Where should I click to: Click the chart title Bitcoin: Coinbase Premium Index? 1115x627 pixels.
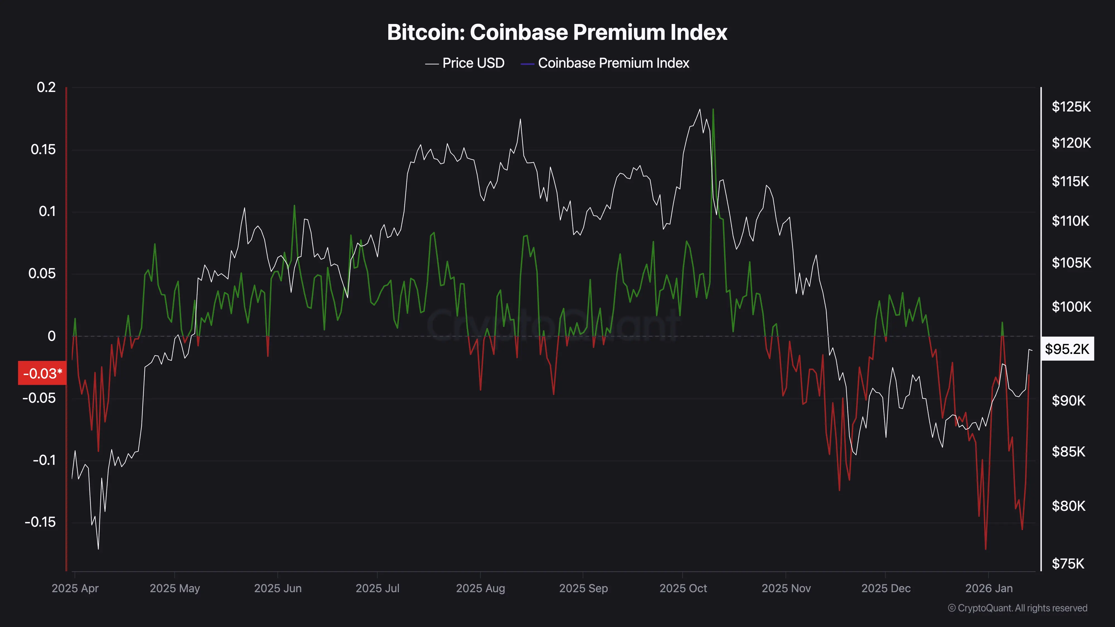click(557, 32)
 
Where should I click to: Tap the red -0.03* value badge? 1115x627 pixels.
click(42, 373)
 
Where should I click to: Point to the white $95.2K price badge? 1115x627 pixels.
click(1067, 349)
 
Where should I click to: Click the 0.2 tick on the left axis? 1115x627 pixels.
click(46, 88)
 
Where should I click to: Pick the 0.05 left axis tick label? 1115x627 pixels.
click(42, 273)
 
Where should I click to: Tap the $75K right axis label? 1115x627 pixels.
click(1068, 563)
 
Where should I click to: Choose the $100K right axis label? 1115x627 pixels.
click(1071, 307)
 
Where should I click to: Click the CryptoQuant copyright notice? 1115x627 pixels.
click(1017, 608)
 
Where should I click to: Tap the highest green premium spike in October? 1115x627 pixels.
click(713, 110)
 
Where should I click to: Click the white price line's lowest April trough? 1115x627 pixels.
click(98, 549)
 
